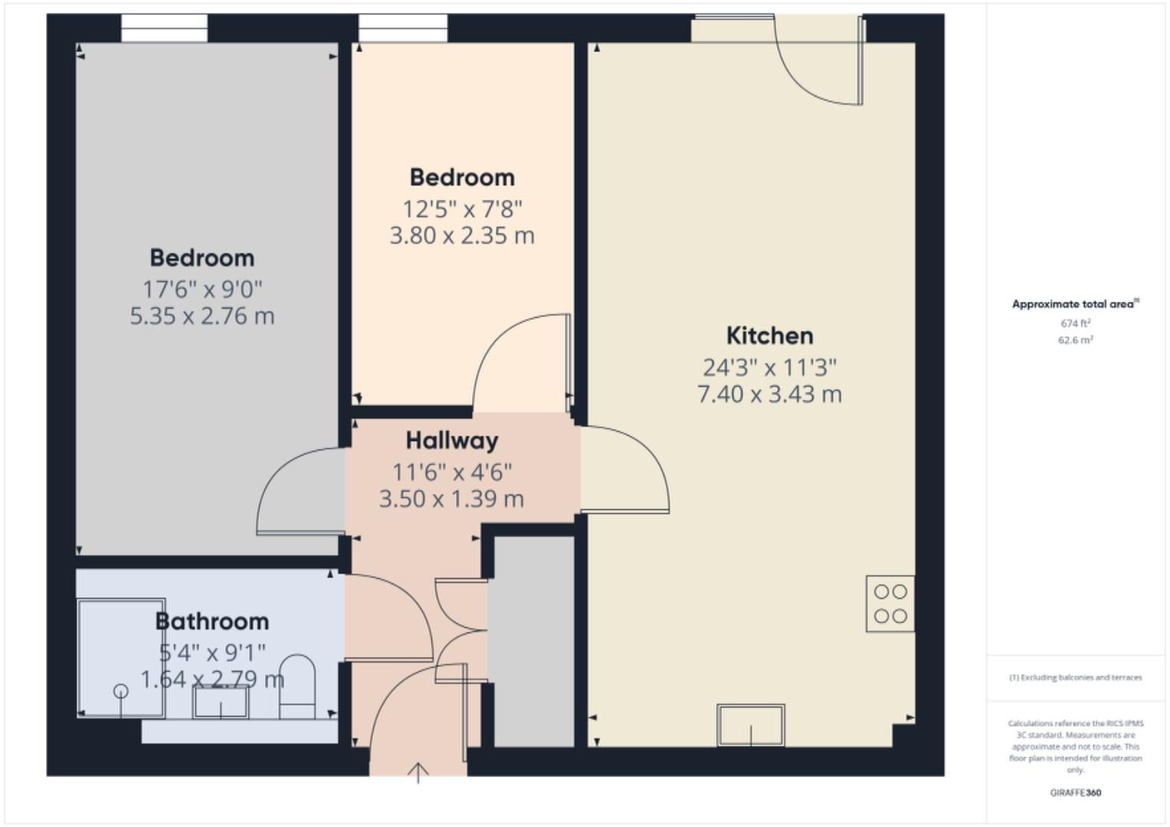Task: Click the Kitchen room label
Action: pos(769,335)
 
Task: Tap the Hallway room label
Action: pos(451,440)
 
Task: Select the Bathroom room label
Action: pos(212,621)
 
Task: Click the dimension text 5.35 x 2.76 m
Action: pos(202,315)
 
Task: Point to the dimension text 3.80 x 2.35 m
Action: pos(462,235)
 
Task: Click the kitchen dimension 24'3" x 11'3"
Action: pos(769,368)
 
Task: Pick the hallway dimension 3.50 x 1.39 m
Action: pos(451,498)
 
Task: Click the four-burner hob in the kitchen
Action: pos(890,603)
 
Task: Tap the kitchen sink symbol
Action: pos(750,724)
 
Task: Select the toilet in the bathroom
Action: pos(297,685)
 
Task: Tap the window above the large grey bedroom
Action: pos(164,28)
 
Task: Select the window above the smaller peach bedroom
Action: pos(403,28)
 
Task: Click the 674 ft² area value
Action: pos(1075,323)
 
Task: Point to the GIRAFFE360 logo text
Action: pos(1075,793)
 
